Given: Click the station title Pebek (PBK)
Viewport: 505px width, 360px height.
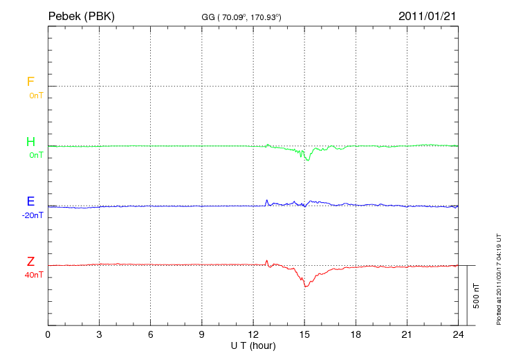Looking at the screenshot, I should coord(82,16).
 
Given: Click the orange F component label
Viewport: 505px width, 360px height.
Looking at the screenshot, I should coord(30,82).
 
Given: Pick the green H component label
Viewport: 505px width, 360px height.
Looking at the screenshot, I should coord(30,142).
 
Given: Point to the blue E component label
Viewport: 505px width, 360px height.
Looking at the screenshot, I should coord(30,202).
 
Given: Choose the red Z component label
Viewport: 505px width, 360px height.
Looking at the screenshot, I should coord(30,262).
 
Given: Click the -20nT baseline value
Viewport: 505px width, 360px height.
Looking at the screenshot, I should coord(33,215).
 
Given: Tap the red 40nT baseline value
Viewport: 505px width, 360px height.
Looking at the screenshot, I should coord(34,275).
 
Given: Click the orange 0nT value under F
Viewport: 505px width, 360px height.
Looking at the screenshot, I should coord(35,95).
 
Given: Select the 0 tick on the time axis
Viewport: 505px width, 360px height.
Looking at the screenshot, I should coord(48,334).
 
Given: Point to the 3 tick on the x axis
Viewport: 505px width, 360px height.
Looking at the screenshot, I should coord(99,334).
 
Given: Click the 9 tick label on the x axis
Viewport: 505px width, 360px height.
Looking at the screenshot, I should coord(201,334).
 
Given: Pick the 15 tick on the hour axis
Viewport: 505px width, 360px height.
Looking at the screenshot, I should coord(304,334).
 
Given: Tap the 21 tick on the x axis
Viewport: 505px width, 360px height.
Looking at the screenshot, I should coord(406,334).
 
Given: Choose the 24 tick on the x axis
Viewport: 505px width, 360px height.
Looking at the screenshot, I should coord(457,334).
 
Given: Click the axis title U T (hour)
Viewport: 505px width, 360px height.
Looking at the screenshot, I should coord(252,345).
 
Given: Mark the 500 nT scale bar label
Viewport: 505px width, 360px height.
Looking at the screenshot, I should coord(476,296).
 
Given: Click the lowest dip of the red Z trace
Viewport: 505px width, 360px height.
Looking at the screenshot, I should coord(305,286).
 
